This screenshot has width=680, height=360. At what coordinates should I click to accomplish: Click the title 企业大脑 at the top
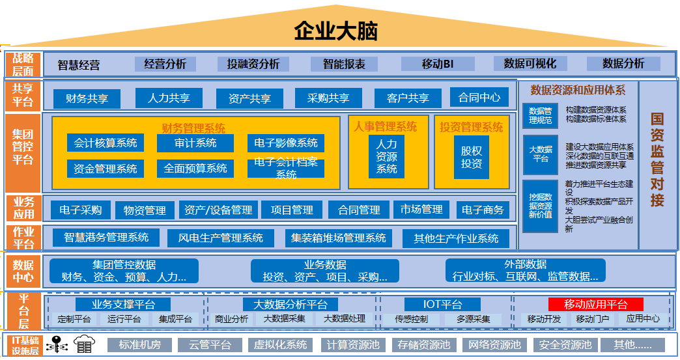[335, 30]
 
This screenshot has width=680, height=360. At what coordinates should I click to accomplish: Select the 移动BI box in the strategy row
[437, 64]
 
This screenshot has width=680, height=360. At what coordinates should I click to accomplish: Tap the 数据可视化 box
[530, 64]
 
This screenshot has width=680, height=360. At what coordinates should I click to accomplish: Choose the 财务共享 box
[87, 98]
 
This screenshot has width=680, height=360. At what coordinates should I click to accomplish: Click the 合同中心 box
[479, 98]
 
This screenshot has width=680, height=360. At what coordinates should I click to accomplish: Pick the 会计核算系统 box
[105, 143]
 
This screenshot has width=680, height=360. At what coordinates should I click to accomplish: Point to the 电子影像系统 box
[286, 143]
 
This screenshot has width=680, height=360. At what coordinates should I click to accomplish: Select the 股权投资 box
[472, 156]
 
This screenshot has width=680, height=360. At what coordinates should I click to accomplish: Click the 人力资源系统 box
[386, 157]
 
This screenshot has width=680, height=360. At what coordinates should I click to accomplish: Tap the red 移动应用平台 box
[595, 304]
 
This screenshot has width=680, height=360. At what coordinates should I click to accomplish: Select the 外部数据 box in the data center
[525, 270]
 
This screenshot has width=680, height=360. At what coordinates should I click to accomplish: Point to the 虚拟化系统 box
[279, 345]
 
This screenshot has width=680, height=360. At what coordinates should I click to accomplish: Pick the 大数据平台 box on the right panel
[540, 154]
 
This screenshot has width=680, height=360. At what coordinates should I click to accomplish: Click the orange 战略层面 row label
[23, 64]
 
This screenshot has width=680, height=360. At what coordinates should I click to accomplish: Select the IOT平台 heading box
[442, 304]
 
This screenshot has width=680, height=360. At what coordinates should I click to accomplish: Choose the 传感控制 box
[412, 319]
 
